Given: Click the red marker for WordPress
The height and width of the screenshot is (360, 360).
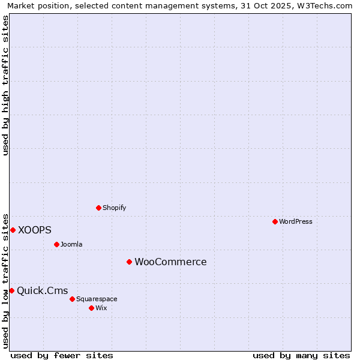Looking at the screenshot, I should tap(275, 221).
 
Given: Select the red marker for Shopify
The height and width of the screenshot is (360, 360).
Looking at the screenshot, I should tap(98, 208).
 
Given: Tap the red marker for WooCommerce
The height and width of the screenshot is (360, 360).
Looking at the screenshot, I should tap(129, 262).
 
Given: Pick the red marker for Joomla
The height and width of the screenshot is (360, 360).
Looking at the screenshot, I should tap(56, 244).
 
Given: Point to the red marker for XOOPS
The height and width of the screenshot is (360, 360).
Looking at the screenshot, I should tap(13, 230).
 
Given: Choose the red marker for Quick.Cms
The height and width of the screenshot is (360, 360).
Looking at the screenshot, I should tap(11, 290).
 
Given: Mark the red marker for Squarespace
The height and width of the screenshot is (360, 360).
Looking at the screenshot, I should tap(72, 299).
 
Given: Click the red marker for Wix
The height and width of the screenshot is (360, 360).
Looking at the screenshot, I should tap(91, 308).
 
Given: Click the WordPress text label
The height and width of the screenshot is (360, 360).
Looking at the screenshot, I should tap(296, 221).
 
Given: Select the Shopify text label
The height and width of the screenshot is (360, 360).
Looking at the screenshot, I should tap(114, 208).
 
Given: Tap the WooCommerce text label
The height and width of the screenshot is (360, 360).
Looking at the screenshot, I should tap(170, 262).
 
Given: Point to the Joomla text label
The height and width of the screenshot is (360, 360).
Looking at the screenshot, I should tap(71, 244).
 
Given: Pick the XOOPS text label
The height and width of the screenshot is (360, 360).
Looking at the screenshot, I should tap(35, 230).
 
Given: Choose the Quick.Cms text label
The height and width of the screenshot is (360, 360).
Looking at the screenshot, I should tap(42, 291).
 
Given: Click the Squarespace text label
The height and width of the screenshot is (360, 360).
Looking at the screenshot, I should tap(97, 299).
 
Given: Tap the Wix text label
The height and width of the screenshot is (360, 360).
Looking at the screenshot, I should tap(101, 308).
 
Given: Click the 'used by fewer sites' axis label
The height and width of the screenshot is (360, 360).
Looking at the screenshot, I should tap(62, 355).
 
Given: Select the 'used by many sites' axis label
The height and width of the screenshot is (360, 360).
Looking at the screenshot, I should tap(301, 355).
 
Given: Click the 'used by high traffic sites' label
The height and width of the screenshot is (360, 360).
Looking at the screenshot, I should tap(6, 85).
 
